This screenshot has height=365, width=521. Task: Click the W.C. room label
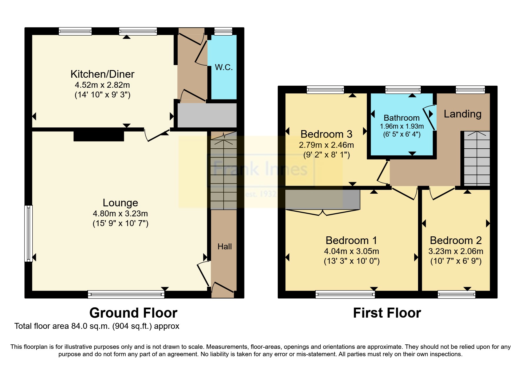pyautogui.click(x=224, y=67)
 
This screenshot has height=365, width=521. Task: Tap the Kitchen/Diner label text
pyautogui.click(x=102, y=74)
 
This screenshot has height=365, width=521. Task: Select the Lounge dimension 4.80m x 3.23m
pyautogui.click(x=120, y=214)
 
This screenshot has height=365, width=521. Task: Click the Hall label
pyautogui.click(x=224, y=247)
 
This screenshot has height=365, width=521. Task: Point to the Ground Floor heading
pyautogui.click(x=133, y=313)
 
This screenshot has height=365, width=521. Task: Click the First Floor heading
pyautogui.click(x=387, y=313)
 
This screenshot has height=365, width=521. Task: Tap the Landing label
pyautogui.click(x=462, y=114)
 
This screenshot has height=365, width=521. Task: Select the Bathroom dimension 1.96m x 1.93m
pyautogui.click(x=402, y=127)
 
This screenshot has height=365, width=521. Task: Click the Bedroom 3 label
pyautogui.click(x=326, y=134)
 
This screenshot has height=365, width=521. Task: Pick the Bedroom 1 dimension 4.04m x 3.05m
pyautogui.click(x=351, y=251)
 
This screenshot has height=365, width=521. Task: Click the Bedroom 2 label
pyautogui.click(x=456, y=240)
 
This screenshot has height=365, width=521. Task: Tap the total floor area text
pyautogui.click(x=97, y=326)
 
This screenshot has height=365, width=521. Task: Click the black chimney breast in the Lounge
pyautogui.click(x=99, y=136)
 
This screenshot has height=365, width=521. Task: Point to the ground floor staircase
pyautogui.click(x=224, y=174)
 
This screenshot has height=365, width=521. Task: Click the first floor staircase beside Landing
pyautogui.click(x=477, y=159)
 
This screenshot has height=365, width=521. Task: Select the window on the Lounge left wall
pyautogui.click(x=29, y=233)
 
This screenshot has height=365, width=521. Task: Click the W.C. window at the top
pyautogui.click(x=223, y=31)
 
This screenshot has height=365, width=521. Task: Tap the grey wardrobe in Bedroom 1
pyautogui.click(x=322, y=200)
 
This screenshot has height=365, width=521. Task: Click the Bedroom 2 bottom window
pyautogui.click(x=456, y=294)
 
